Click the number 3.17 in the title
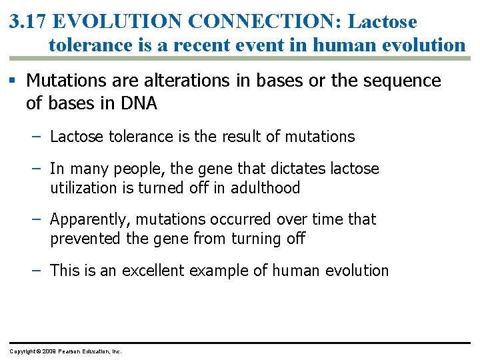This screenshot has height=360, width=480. coord(28,21)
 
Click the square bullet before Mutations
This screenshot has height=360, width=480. coord(13,81)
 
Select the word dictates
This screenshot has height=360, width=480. coord(289,169)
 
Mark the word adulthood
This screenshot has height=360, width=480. coord(265,188)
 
